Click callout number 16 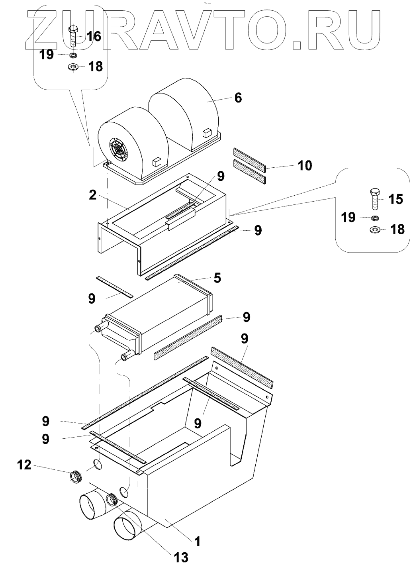[x=94, y=37]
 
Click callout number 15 [x=395, y=199]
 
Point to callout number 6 [x=238, y=98]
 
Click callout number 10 [x=305, y=165]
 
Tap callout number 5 [x=217, y=278]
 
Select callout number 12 [x=25, y=465]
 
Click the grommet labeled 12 [x=76, y=476]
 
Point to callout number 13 [x=181, y=557]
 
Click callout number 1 [x=197, y=541]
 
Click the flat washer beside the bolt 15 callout [x=375, y=230]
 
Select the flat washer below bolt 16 [x=73, y=67]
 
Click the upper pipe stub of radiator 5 [x=100, y=329]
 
